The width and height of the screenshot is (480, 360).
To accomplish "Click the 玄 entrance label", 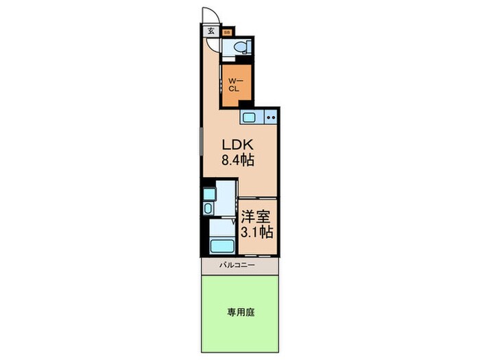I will [211, 30].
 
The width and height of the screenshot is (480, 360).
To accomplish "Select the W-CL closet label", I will [235, 85].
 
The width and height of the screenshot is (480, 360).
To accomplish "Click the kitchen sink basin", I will [249, 117].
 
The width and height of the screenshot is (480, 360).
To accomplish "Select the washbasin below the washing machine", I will [208, 208].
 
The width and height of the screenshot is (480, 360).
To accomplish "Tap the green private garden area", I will [240, 322].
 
